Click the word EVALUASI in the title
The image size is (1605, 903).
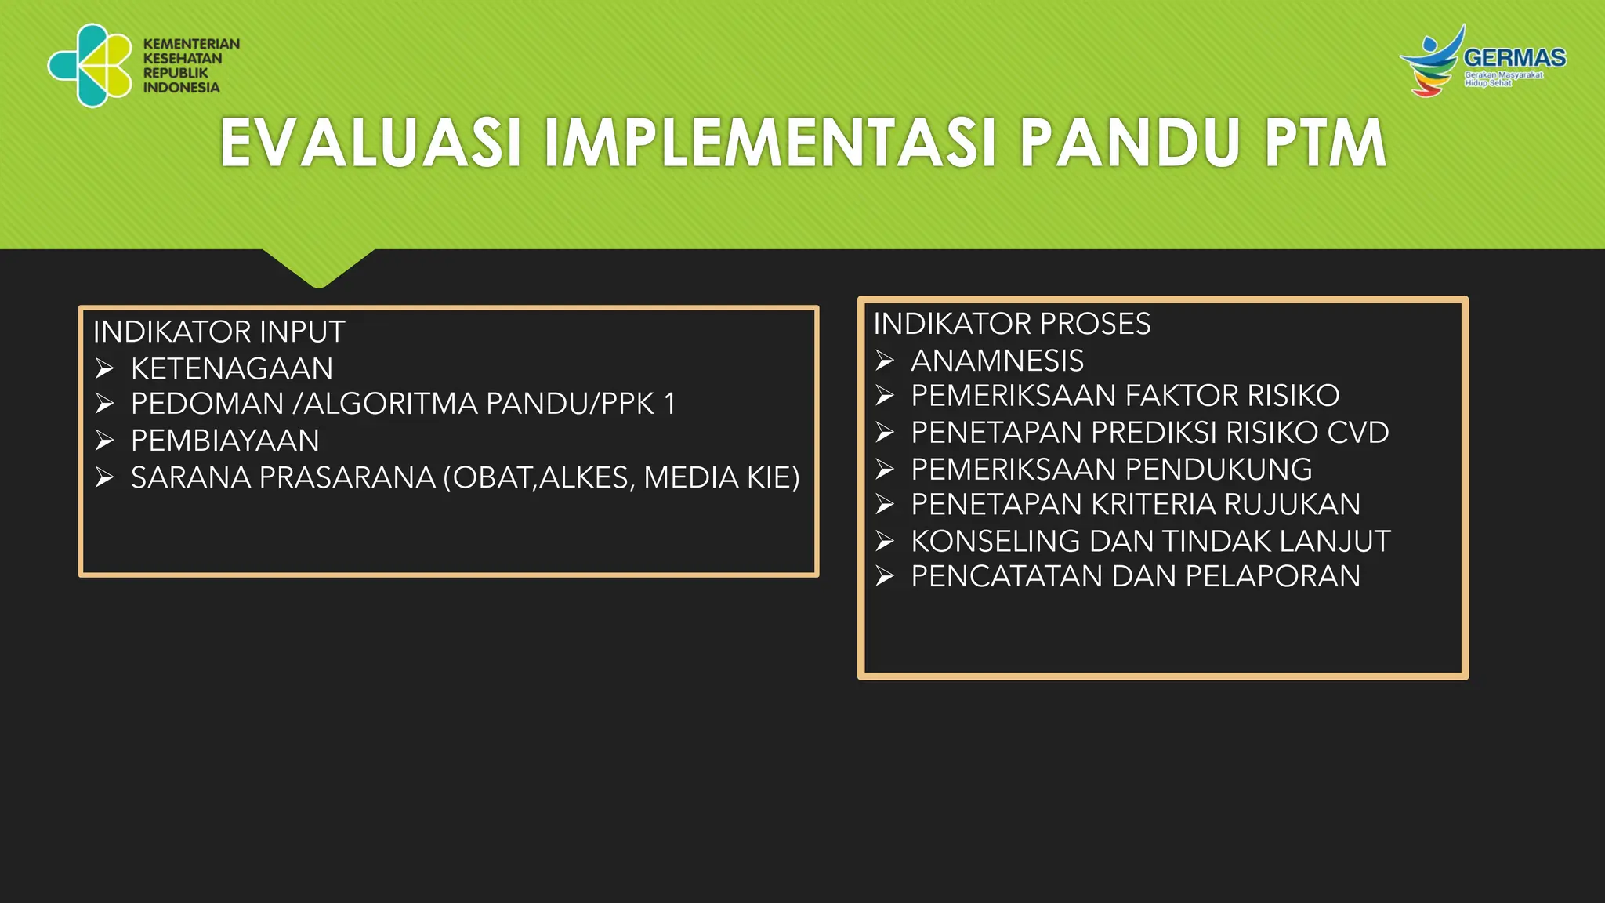coord(371,143)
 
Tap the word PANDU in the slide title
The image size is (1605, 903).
coord(1123,143)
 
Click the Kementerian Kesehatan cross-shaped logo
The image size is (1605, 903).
coord(90,65)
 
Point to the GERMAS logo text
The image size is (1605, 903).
coord(1514,58)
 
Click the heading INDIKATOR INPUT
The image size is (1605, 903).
coord(219,332)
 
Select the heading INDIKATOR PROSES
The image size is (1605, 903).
coord(1012,324)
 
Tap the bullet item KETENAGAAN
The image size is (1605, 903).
coord(232,368)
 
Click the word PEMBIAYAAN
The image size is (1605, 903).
coord(225,441)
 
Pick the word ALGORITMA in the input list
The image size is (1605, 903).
coord(392,404)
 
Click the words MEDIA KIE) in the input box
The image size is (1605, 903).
coord(722,477)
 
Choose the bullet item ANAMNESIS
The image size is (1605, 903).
coord(997,361)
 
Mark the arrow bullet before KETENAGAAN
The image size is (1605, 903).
coord(104,368)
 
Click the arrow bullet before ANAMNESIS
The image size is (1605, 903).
coord(885,361)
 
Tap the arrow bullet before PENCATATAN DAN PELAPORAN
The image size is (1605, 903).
coord(885,577)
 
